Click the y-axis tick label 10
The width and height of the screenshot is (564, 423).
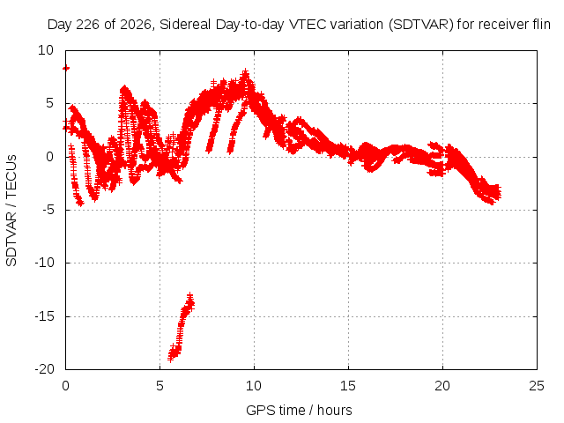(46, 50)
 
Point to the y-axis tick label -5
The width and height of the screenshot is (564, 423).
(48, 210)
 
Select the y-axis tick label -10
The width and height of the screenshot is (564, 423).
(45, 263)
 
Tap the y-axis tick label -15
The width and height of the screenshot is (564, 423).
(45, 316)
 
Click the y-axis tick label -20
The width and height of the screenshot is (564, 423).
(45, 369)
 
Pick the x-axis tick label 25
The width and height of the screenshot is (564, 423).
(537, 386)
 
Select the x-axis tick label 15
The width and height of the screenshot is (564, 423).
(348, 386)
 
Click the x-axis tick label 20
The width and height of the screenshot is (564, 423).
(442, 386)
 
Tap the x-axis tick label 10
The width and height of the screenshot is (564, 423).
(254, 386)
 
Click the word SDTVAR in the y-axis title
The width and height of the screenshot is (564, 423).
(11, 239)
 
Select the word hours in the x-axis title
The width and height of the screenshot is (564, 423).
(335, 411)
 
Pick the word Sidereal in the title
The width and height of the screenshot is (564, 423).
(185, 25)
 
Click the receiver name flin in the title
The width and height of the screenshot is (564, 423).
(540, 25)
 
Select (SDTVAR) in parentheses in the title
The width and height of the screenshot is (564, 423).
(421, 25)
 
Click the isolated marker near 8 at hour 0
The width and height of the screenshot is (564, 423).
(66, 68)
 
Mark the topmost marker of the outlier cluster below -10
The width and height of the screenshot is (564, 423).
(190, 296)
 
